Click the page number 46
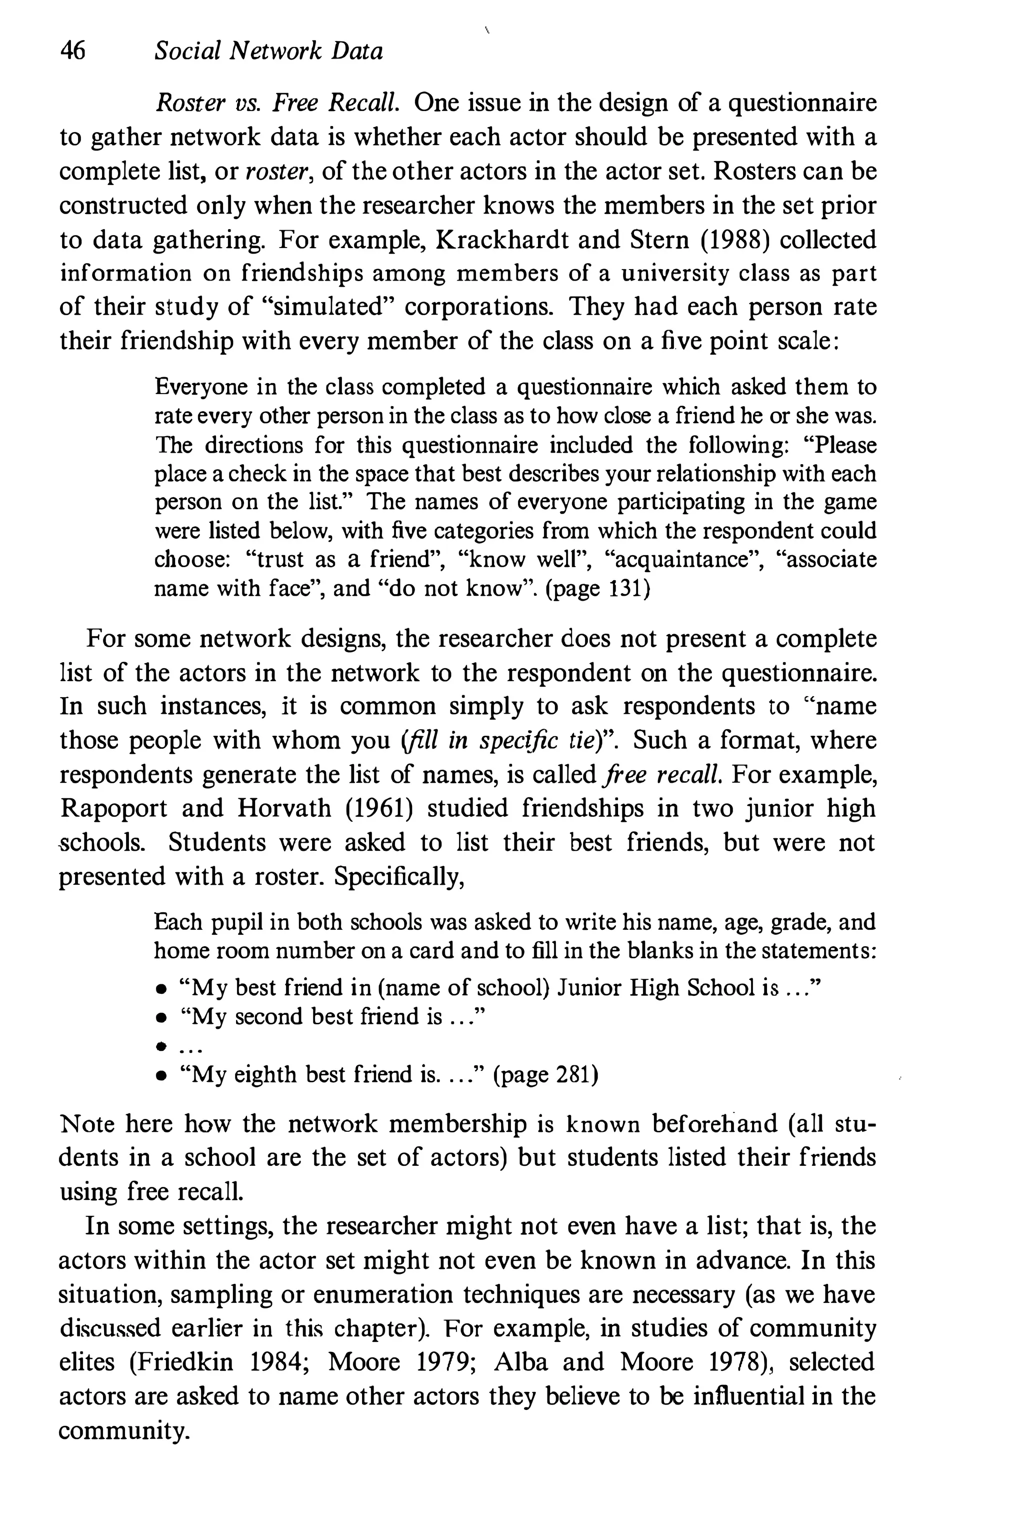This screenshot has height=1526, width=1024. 72,51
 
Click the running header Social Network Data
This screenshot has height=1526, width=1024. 268,51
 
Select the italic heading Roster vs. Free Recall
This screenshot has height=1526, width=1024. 276,103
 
